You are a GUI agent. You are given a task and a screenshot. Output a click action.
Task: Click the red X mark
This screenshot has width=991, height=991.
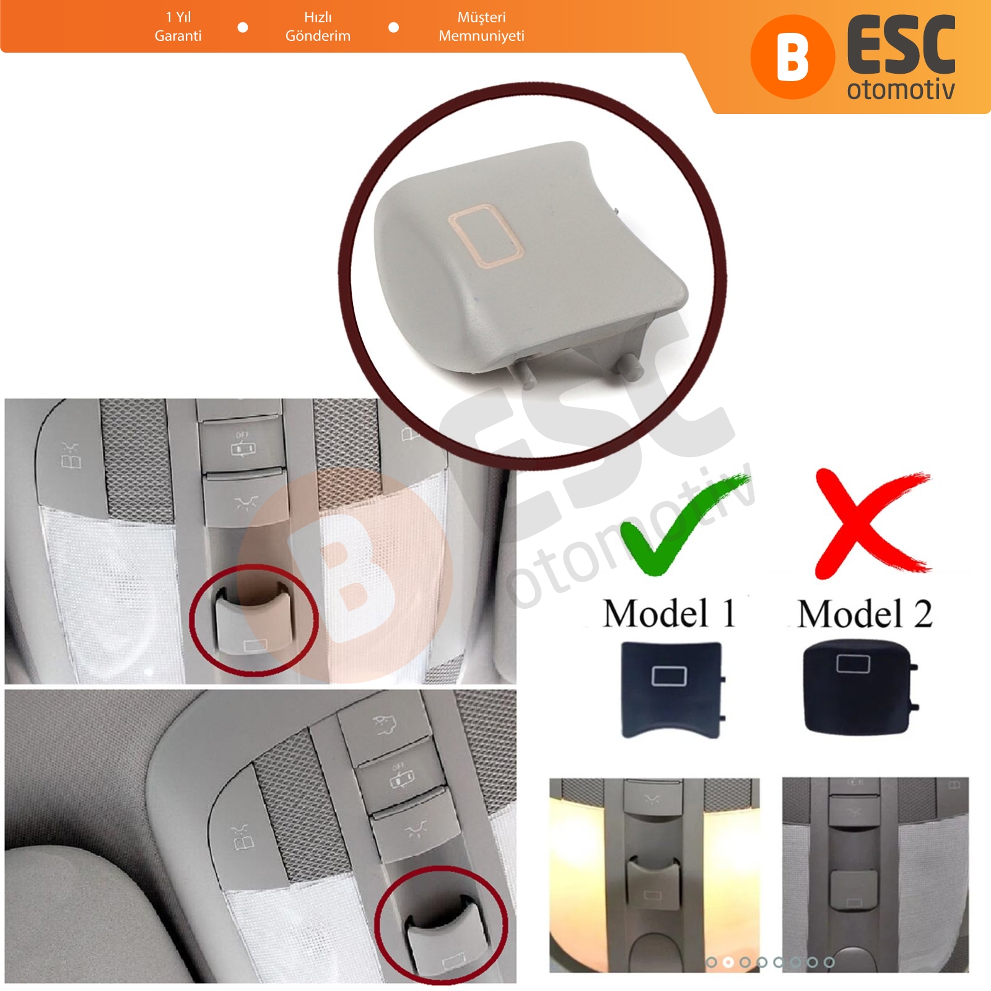click(x=870, y=524)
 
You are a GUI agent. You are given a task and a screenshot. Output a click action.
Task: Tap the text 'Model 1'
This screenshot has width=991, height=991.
click(x=670, y=614)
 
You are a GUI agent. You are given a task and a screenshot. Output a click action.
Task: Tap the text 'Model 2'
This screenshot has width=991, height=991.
click(x=865, y=614)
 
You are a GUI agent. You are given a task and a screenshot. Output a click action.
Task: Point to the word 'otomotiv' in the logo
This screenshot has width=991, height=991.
click(x=901, y=90)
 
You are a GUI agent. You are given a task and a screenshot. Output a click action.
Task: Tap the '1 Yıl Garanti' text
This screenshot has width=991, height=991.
click(x=178, y=27)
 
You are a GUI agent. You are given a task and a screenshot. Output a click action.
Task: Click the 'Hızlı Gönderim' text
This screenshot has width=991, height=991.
click(x=318, y=27)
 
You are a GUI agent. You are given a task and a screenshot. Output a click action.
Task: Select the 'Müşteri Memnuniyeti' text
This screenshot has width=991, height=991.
click(x=481, y=27)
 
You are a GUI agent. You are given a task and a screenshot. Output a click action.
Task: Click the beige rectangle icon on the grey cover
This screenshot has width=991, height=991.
click(x=485, y=238)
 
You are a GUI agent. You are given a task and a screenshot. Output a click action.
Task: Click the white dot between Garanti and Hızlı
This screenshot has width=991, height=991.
click(x=243, y=27)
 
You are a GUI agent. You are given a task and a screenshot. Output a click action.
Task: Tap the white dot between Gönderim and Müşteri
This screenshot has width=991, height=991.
click(x=393, y=27)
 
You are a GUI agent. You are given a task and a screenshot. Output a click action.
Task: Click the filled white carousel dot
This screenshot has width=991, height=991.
click(x=728, y=962)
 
